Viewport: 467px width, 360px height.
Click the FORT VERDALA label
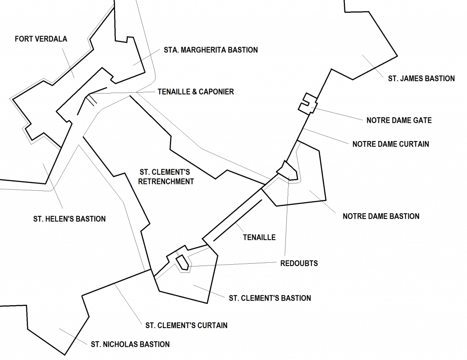41,39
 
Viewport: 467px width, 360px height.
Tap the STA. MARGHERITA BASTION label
211,50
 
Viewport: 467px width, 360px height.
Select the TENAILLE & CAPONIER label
196,92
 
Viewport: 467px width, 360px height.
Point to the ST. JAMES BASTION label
421,78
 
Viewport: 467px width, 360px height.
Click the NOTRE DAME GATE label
399,120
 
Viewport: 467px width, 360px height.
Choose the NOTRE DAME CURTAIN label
390,144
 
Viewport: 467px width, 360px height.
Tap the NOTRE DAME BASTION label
381,216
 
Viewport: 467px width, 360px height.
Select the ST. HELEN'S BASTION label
69,219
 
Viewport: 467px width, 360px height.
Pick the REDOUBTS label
299,263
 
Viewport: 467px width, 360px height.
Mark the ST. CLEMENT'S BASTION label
270,298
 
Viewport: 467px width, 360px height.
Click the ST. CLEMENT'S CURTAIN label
186,325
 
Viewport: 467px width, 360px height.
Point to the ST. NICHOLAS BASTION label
130,344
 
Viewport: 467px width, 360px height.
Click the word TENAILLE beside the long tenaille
259,237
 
